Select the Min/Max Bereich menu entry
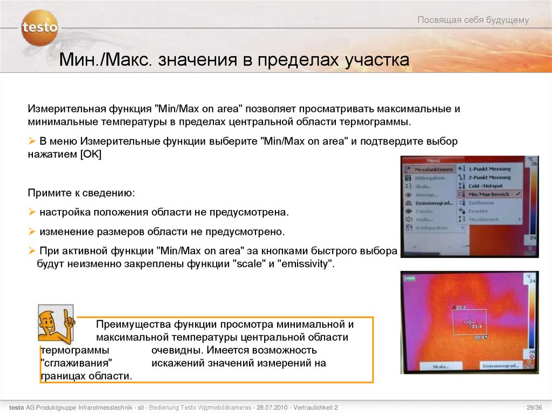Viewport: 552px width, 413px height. [x=488, y=194]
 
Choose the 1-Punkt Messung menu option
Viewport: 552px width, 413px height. [x=488, y=169]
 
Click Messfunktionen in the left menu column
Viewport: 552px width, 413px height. [x=433, y=169]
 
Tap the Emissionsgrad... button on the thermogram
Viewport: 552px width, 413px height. [x=500, y=366]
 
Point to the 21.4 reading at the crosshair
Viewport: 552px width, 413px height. [x=477, y=326]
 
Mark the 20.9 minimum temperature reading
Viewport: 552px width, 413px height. [x=479, y=338]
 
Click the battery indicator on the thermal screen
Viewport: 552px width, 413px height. [x=412, y=279]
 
